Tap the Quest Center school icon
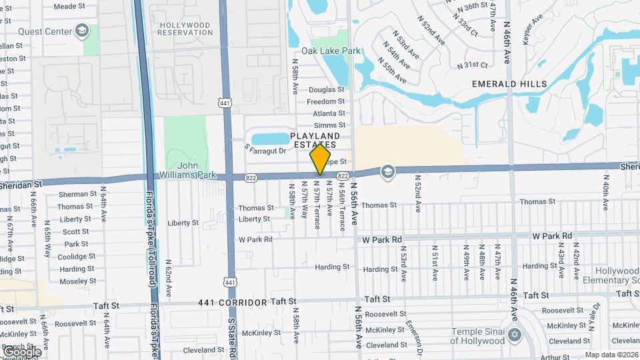82,31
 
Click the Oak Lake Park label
331,51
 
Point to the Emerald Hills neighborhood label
509,84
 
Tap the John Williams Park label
198,170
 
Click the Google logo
21,351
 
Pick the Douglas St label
327,89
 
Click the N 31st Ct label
473,65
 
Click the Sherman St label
73,194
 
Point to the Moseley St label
77,281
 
